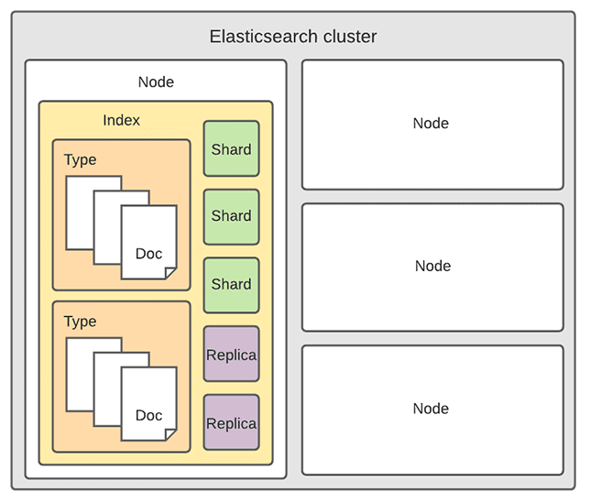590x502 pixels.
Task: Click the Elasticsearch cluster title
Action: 293,37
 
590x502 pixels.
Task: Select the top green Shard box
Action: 231,149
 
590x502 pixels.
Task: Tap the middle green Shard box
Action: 231,216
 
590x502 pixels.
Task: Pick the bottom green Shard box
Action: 231,285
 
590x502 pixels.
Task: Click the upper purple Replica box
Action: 231,355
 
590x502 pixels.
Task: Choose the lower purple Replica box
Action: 231,423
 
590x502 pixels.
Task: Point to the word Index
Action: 122,120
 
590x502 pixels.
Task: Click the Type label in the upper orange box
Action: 80,160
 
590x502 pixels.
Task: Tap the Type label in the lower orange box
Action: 80,322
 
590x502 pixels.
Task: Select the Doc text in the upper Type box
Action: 148,254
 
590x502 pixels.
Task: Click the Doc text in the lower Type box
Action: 148,416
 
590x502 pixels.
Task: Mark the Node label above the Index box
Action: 156,82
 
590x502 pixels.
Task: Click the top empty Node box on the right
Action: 432,124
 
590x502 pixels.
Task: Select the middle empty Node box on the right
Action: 432,266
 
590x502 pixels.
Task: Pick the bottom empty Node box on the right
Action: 432,409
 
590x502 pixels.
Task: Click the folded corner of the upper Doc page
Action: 170,273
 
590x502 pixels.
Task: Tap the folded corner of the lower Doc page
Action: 170,435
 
